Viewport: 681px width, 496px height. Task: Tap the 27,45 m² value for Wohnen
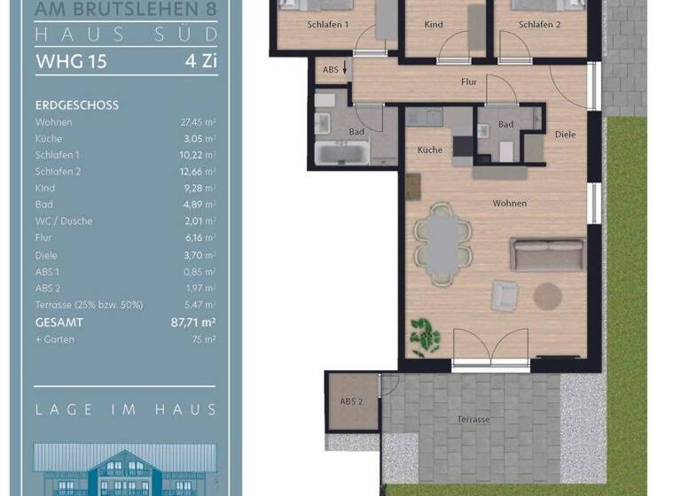pyautogui.click(x=199, y=122)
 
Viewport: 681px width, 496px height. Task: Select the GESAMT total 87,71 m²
pyautogui.click(x=193, y=322)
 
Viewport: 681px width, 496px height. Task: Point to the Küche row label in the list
pyautogui.click(x=50, y=139)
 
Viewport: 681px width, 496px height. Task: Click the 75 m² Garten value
pyautogui.click(x=205, y=339)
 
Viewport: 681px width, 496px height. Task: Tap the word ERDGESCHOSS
pyautogui.click(x=77, y=105)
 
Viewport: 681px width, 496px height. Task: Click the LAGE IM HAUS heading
pyautogui.click(x=125, y=409)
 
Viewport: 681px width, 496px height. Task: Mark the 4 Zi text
pyautogui.click(x=200, y=62)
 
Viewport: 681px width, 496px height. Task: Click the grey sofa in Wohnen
pyautogui.click(x=546, y=253)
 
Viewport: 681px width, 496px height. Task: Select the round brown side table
pyautogui.click(x=549, y=296)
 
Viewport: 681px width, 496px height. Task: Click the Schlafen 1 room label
pyautogui.click(x=328, y=25)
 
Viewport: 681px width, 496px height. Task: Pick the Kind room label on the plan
pyautogui.click(x=434, y=25)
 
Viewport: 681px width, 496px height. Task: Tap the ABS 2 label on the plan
pyautogui.click(x=352, y=401)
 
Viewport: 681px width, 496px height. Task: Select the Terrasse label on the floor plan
pyautogui.click(x=474, y=419)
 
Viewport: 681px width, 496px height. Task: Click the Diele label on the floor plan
pyautogui.click(x=565, y=135)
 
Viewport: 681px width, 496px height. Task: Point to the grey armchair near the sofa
pyautogui.click(x=505, y=294)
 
